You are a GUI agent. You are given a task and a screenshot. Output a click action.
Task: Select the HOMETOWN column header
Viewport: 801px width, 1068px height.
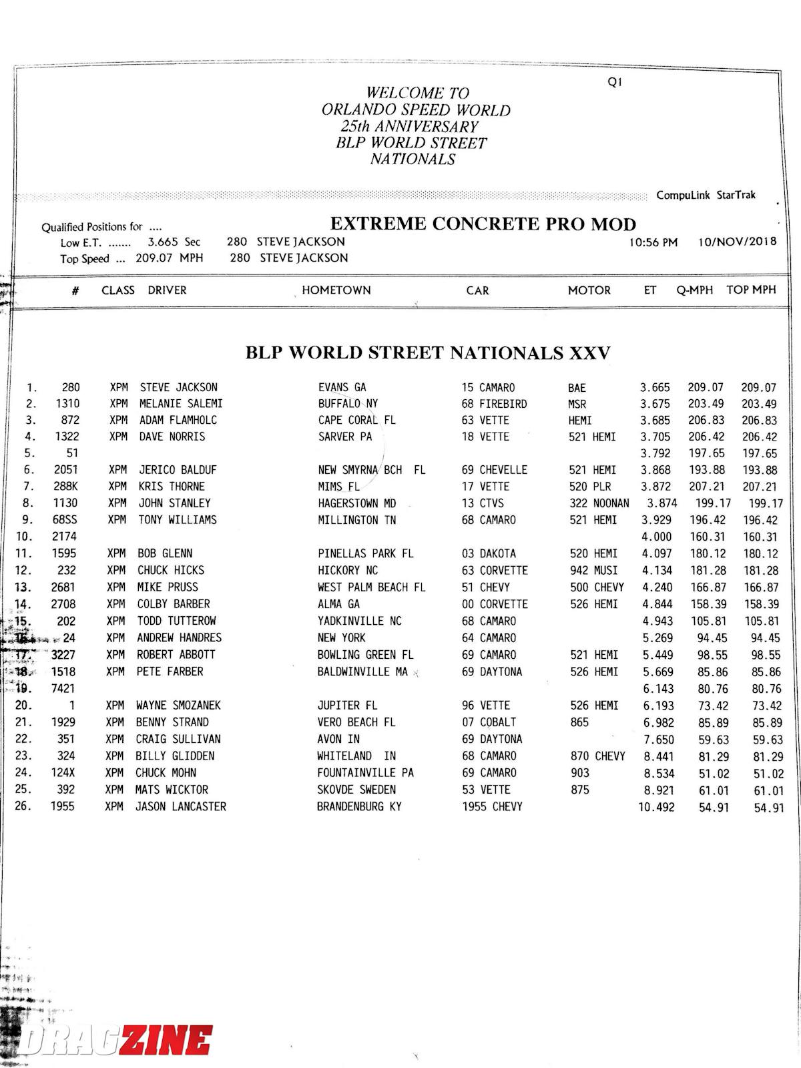pos(336,290)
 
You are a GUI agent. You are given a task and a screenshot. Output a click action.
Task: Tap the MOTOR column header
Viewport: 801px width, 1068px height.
pos(589,290)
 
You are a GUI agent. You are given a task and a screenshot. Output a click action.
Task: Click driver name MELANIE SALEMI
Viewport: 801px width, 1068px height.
pos(181,404)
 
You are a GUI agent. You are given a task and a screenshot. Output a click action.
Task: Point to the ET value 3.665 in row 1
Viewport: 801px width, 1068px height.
pos(655,387)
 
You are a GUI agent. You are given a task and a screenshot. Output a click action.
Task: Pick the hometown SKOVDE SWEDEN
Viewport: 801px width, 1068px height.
pos(356,790)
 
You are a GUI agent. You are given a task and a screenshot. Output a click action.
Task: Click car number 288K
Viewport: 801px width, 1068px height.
pos(65,487)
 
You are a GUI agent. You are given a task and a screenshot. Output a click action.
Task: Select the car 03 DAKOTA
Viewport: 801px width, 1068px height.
pos(489,553)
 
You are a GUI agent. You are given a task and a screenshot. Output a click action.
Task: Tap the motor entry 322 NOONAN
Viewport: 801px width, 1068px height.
pos(599,503)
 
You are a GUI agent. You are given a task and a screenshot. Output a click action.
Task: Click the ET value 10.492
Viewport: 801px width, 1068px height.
pos(656,807)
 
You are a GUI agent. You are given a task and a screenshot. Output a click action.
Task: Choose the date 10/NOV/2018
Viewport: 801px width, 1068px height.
pos(737,242)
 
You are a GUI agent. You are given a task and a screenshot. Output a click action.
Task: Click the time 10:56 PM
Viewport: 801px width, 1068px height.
pos(653,242)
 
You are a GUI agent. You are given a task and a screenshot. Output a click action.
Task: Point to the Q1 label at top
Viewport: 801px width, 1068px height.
pos(615,82)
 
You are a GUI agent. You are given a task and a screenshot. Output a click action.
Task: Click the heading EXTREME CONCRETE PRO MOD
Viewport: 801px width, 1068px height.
pos(483,224)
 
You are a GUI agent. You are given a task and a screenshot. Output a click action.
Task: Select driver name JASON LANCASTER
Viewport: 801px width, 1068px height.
pos(181,806)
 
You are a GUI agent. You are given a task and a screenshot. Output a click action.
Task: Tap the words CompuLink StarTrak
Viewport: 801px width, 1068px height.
pos(706,195)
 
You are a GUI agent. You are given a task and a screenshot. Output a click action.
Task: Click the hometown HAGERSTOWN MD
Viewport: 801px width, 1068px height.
pos(356,503)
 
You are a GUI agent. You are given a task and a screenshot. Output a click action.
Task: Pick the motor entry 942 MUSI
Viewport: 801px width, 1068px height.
pos(593,571)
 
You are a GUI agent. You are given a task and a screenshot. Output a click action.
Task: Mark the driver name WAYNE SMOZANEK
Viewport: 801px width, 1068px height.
pos(178,706)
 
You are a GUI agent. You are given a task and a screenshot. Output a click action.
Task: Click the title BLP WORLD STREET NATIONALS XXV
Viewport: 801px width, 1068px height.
pos(428,352)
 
